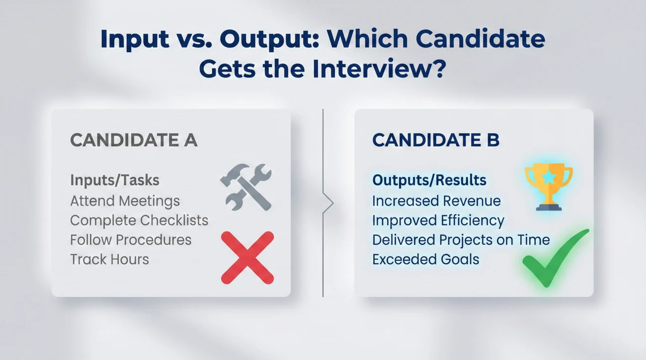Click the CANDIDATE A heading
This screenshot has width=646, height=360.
pyautogui.click(x=134, y=141)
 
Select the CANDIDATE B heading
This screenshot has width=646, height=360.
pyautogui.click(x=436, y=141)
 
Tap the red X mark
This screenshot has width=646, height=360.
pyautogui.click(x=247, y=257)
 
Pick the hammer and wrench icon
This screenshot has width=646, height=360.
pyautogui.click(x=246, y=186)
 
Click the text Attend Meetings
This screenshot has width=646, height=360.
pyautogui.click(x=125, y=201)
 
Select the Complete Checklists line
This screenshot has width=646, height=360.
pyautogui.click(x=139, y=220)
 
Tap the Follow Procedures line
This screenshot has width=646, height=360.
pyautogui.click(x=131, y=240)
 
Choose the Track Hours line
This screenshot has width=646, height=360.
pyautogui.click(x=109, y=259)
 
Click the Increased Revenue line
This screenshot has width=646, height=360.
pyautogui.click(x=436, y=201)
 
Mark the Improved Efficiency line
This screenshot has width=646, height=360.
pyautogui.click(x=438, y=220)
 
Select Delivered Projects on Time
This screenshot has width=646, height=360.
pyautogui.click(x=461, y=240)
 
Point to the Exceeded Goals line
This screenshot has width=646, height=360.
pyautogui.click(x=425, y=259)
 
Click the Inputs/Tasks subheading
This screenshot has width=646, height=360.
pyautogui.click(x=115, y=180)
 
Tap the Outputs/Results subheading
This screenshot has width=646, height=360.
pyautogui.click(x=429, y=180)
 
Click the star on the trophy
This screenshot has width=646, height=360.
pyautogui.click(x=549, y=176)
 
